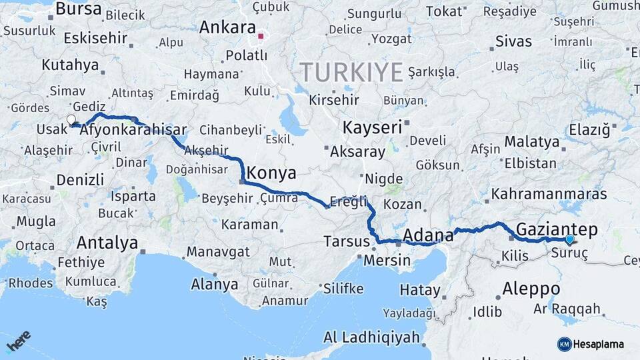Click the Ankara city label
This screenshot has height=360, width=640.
(x=228, y=28)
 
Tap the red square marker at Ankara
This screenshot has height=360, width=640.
(x=262, y=37)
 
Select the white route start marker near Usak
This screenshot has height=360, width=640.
(x=71, y=120)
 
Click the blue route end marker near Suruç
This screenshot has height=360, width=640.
(x=569, y=239)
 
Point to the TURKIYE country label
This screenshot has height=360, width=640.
(x=351, y=71)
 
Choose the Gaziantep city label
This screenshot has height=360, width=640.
(x=557, y=229)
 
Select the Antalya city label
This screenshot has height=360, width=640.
(x=107, y=242)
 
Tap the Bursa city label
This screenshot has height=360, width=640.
(x=79, y=9)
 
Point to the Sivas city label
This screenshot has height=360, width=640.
(x=513, y=41)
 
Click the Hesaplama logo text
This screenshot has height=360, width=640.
(x=600, y=344)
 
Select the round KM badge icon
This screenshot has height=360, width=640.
(x=565, y=344)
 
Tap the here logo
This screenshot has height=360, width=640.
(x=18, y=341)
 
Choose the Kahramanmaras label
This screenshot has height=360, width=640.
(x=549, y=194)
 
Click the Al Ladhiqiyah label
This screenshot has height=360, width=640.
(x=371, y=337)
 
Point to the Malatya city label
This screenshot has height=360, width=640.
(x=531, y=141)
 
